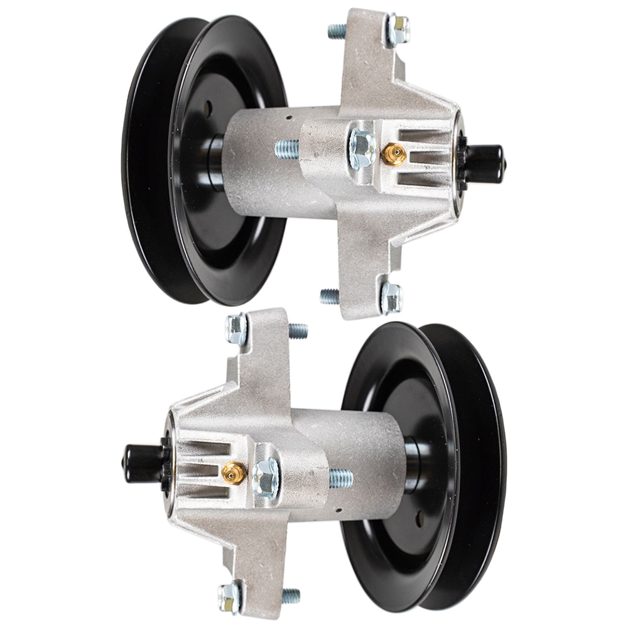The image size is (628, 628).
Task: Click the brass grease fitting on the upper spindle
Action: click(x=394, y=154)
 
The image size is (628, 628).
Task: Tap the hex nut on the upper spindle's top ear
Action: click(x=397, y=29)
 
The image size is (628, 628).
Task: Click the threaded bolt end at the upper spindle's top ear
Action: click(x=337, y=31)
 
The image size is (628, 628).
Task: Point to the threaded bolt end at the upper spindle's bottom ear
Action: click(x=329, y=296)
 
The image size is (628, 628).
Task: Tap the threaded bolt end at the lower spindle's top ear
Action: click(x=298, y=330)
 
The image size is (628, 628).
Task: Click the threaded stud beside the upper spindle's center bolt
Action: click(x=287, y=149)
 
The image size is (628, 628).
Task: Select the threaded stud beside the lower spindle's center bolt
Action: click(x=341, y=479)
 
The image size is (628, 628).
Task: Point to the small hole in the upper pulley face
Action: click(x=207, y=108)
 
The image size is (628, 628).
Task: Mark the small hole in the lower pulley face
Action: click(x=420, y=518)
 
